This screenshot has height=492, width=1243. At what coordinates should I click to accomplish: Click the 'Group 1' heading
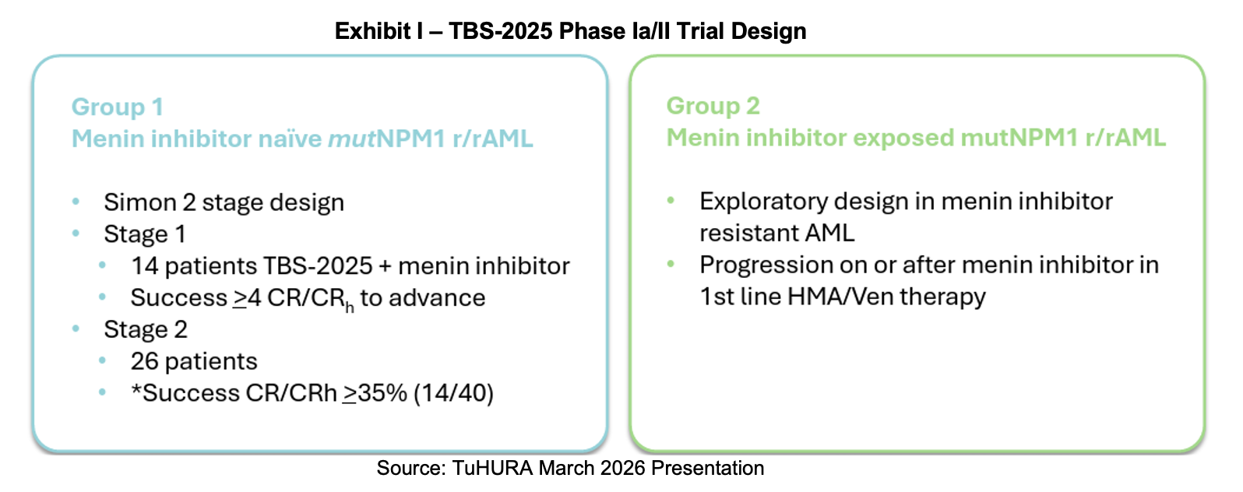pyautogui.click(x=117, y=107)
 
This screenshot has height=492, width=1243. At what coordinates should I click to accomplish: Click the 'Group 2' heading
pyautogui.click(x=713, y=106)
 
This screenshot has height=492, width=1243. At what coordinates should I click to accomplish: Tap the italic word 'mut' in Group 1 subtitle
pyautogui.click(x=352, y=139)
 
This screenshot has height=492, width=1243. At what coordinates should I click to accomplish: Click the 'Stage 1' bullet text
pyautogui.click(x=144, y=234)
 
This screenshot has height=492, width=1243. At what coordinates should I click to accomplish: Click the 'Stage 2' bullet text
pyautogui.click(x=146, y=329)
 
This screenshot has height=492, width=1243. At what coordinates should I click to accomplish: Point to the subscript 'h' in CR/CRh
pyautogui.click(x=350, y=307)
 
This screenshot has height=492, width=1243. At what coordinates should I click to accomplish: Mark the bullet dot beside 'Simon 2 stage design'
pyautogui.click(x=76, y=202)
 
